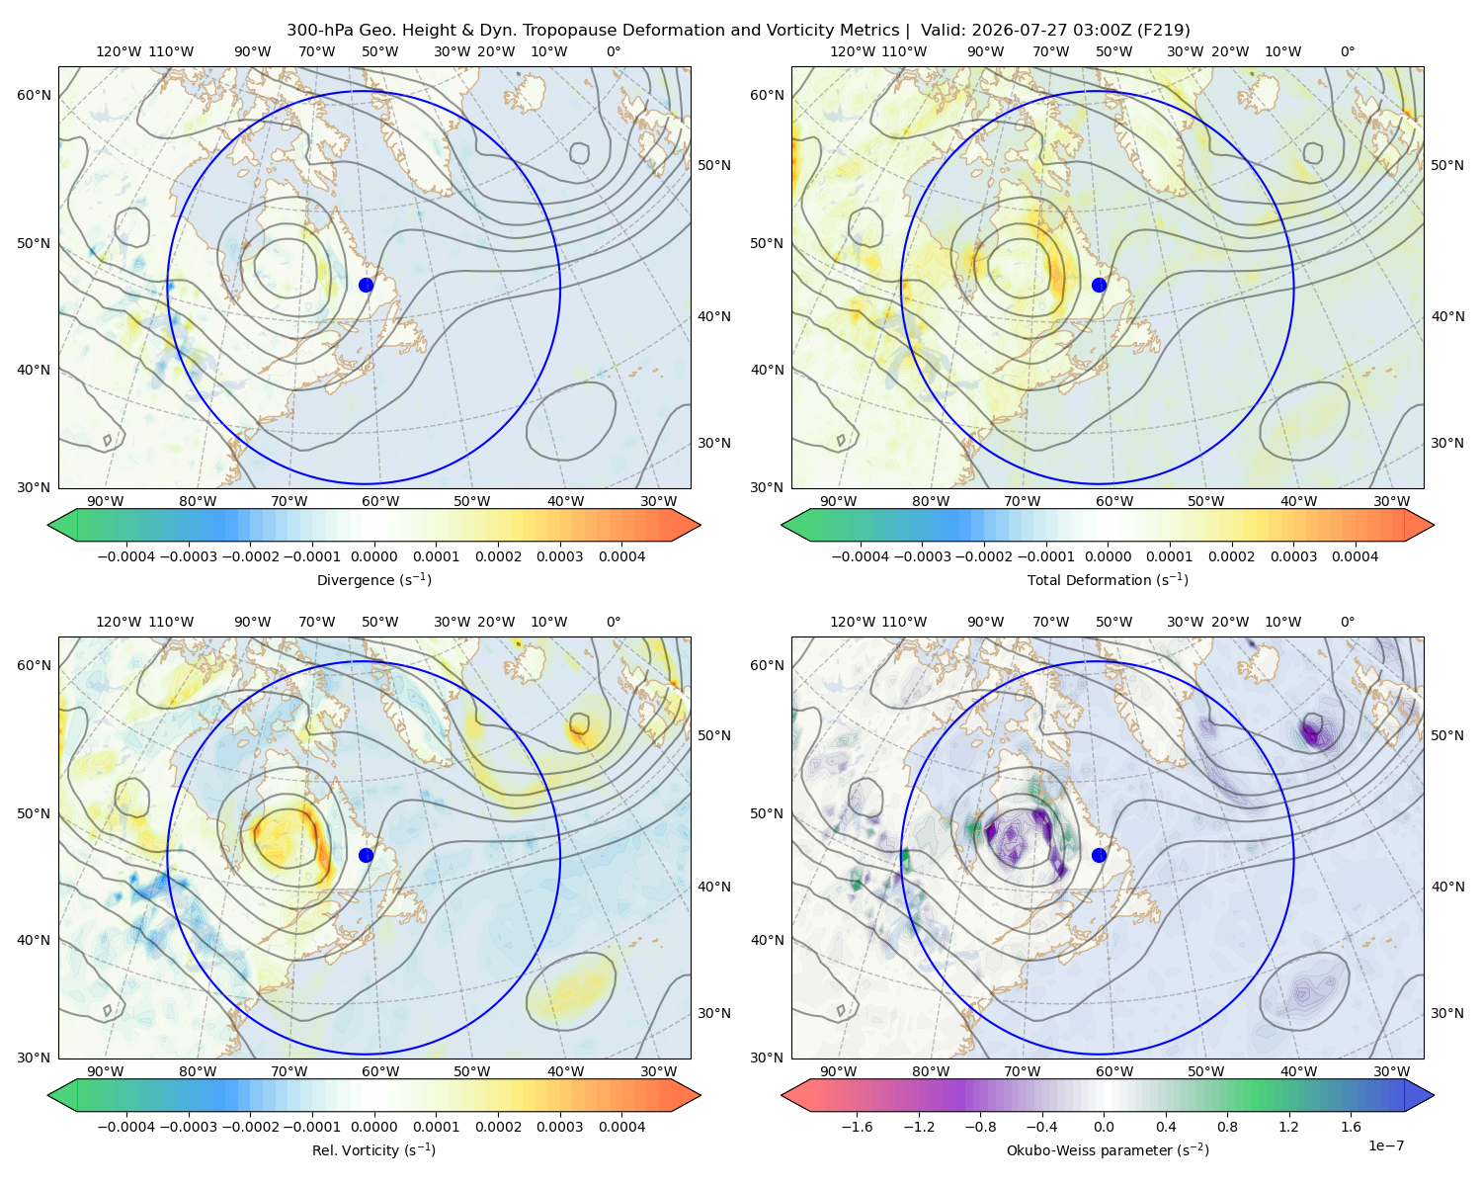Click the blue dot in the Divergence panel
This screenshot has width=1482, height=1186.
[x=366, y=285]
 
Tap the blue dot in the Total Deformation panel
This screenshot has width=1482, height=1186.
[x=1099, y=285]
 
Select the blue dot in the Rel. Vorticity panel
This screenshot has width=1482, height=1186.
[x=366, y=855]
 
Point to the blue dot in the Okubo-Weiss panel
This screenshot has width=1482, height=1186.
[x=1099, y=855]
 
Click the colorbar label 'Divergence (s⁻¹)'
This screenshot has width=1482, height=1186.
[x=373, y=579]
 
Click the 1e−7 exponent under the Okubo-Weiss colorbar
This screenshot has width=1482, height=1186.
[x=1385, y=1145]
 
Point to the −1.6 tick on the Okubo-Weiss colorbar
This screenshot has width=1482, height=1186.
[x=857, y=1126]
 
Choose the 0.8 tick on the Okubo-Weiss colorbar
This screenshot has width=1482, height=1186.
[x=1227, y=1126]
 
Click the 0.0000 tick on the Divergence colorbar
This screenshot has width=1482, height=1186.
[x=373, y=556]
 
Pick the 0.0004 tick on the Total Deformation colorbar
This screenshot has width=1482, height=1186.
[x=1356, y=556]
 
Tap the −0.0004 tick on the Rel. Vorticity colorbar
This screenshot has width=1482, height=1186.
[x=126, y=1126]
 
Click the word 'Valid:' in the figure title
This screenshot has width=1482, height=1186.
[x=943, y=31]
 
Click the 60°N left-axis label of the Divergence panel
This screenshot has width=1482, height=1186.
[x=34, y=95]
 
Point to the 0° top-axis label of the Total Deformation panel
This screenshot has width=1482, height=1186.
[x=1347, y=51]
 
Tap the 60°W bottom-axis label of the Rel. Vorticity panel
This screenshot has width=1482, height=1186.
[x=380, y=1071]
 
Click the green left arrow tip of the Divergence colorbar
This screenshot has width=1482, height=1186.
[x=48, y=525]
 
